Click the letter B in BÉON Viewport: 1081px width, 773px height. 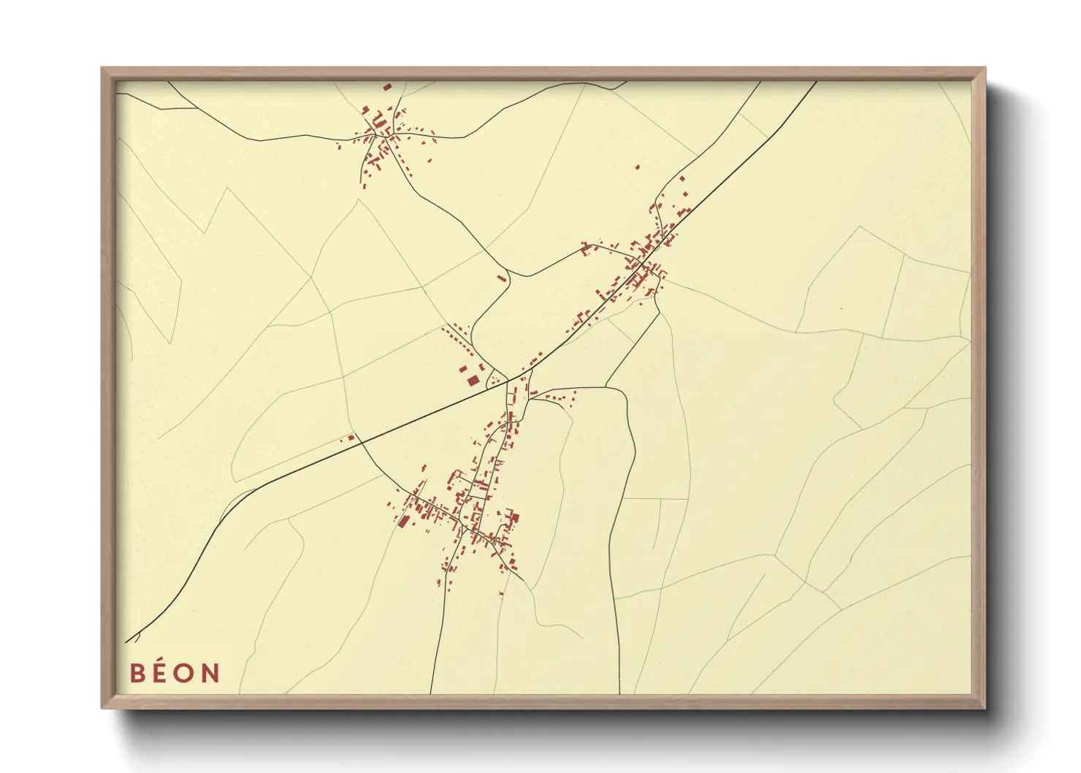(137, 672)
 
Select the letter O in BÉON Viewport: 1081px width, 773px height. (185, 672)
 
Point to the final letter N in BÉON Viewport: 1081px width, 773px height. (210, 672)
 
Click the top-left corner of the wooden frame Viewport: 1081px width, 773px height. (103, 69)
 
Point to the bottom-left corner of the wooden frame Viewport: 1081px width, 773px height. (103, 707)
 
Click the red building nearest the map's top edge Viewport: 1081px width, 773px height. (387, 87)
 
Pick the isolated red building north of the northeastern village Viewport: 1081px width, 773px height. (637, 167)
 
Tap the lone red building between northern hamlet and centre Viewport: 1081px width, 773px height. (501, 278)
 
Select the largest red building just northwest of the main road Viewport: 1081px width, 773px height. (473, 380)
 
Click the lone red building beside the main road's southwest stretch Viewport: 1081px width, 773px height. (351, 438)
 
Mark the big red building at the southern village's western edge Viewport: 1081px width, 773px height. (404, 520)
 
